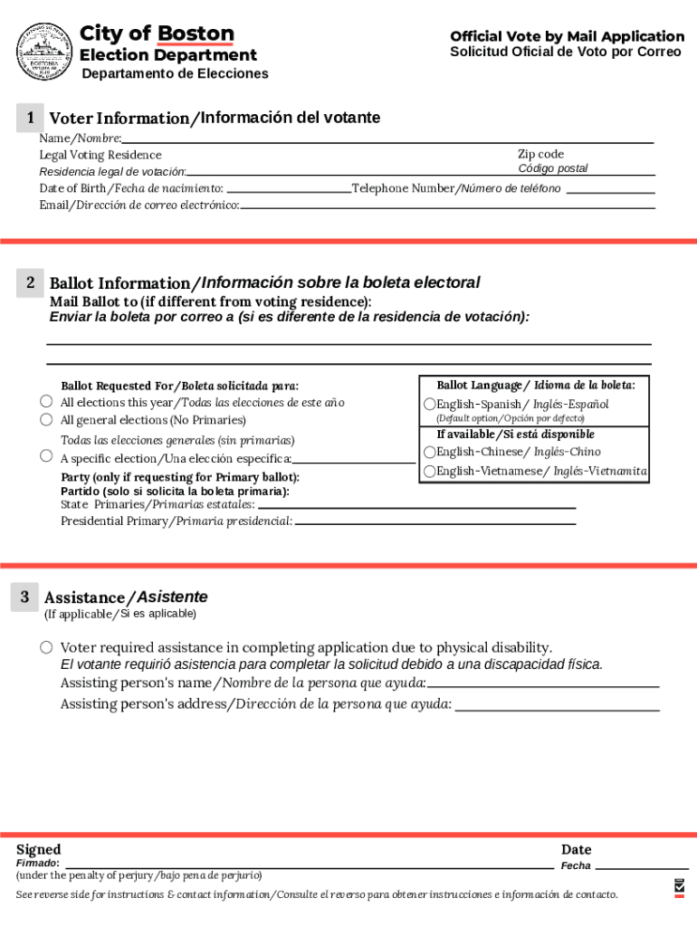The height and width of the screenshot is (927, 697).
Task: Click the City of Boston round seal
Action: pyautogui.click(x=44, y=51)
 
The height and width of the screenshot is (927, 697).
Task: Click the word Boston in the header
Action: pyautogui.click(x=196, y=34)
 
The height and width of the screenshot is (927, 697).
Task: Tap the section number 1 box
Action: pyautogui.click(x=30, y=118)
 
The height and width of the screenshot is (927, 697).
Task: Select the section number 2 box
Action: pyautogui.click(x=30, y=283)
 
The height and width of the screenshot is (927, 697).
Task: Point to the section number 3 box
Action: pyautogui.click(x=25, y=597)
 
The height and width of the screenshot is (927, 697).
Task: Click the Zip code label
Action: pyautogui.click(x=540, y=154)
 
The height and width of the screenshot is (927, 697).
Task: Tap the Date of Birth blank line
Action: pyautogui.click(x=288, y=191)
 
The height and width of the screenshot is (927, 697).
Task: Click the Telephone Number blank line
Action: pyautogui.click(x=610, y=191)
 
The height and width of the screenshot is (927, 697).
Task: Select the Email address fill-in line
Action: pyautogui.click(x=447, y=207)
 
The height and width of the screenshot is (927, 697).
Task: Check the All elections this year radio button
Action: pyautogui.click(x=46, y=402)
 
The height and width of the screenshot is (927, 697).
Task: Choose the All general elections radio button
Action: pyautogui.click(x=46, y=420)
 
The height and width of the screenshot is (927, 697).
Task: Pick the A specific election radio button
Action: pyautogui.click(x=46, y=456)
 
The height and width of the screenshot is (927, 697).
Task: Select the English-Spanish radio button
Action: pyautogui.click(x=430, y=404)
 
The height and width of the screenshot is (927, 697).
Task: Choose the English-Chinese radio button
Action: pyautogui.click(x=430, y=452)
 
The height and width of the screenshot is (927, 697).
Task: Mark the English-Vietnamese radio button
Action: pyautogui.click(x=430, y=472)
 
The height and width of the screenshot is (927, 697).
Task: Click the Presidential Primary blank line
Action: pyautogui.click(x=435, y=523)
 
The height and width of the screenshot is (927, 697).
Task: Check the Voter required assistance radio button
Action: pyautogui.click(x=46, y=647)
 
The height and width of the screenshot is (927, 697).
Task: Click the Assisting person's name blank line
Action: pyautogui.click(x=543, y=686)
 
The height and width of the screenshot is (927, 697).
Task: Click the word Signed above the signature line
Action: pyautogui.click(x=39, y=849)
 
